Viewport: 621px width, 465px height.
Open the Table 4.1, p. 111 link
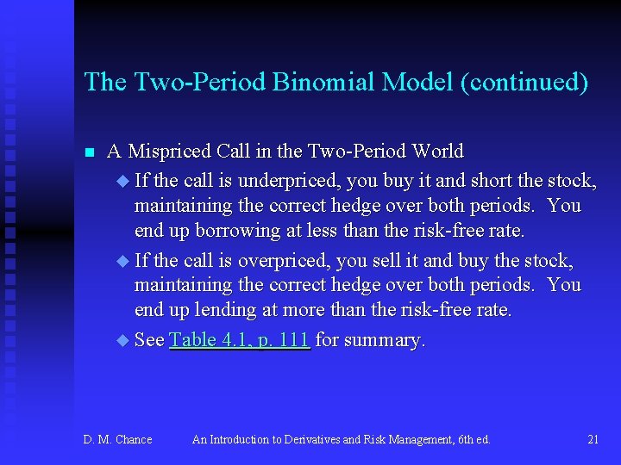pos(239,340)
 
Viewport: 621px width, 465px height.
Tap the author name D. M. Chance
pos(117,440)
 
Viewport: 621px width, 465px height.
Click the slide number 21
pos(593,440)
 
